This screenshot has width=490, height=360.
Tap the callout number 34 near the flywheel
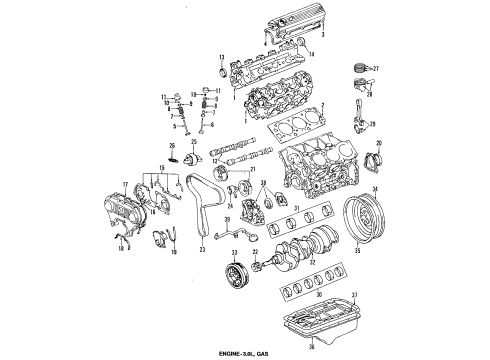click(x=375, y=217)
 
